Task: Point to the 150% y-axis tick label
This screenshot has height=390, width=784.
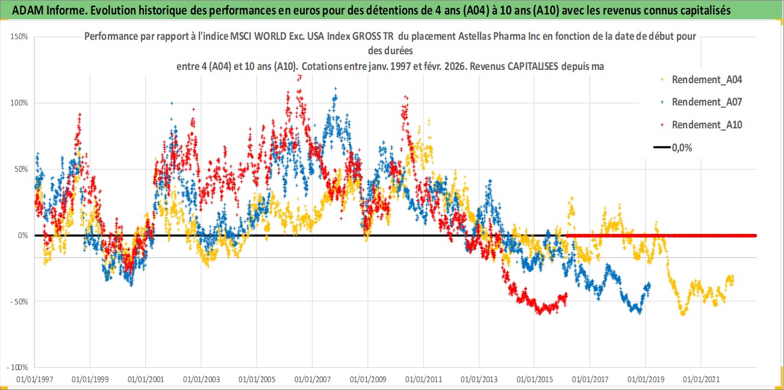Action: [20, 36]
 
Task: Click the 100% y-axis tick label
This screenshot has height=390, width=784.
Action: [20, 102]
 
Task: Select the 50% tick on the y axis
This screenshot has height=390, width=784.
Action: [22, 169]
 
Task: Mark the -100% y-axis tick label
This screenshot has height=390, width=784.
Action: [17, 367]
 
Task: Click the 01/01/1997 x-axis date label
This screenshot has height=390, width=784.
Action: [34, 380]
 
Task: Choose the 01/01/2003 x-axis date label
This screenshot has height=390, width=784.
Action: [201, 380]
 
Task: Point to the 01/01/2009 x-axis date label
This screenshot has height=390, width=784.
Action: [368, 380]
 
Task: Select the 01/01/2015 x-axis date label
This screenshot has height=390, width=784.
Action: [535, 380]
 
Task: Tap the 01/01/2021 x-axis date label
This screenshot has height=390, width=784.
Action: [701, 380]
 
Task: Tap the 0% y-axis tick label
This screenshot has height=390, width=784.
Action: [23, 235]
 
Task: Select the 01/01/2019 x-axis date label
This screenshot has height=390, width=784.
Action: [646, 380]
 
